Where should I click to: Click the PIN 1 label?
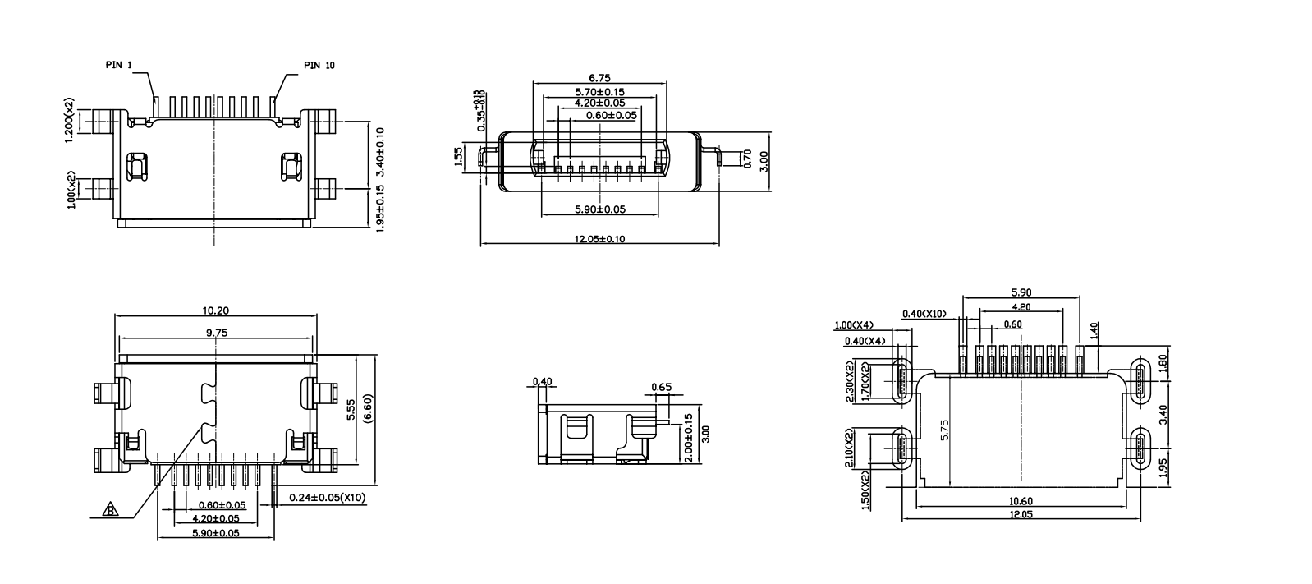pyautogui.click(x=119, y=64)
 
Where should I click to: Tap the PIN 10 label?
pyautogui.click(x=319, y=65)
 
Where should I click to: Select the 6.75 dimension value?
pyautogui.click(x=599, y=78)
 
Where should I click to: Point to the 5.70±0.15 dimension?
pyautogui.click(x=599, y=91)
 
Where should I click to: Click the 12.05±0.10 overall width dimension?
pyautogui.click(x=599, y=239)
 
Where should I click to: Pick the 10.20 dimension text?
pyautogui.click(x=214, y=310)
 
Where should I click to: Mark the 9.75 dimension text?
pyautogui.click(x=216, y=333)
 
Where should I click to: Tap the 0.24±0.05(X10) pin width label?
pyautogui.click(x=328, y=497)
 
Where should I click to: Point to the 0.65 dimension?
pyautogui.click(x=661, y=387)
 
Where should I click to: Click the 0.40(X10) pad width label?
pyautogui.click(x=924, y=314)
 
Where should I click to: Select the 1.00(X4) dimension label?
pyautogui.click(x=854, y=324)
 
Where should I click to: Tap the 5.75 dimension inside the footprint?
pyautogui.click(x=945, y=431)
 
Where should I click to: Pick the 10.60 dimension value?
pyautogui.click(x=1021, y=501)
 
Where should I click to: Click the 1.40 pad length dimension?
pyautogui.click(x=1094, y=330)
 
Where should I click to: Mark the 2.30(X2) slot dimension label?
pyautogui.click(x=851, y=380)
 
